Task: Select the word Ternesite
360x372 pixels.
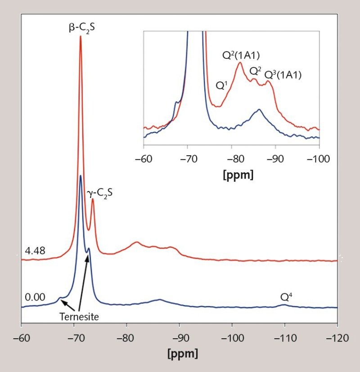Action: (x=79, y=316)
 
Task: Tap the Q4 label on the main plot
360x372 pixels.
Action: (x=287, y=297)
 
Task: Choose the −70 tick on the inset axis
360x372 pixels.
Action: (x=187, y=158)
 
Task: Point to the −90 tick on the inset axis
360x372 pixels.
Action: (x=275, y=158)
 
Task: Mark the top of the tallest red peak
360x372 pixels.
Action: (x=81, y=36)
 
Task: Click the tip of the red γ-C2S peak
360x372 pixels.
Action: (x=93, y=199)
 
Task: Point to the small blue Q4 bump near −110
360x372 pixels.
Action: (x=284, y=305)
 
